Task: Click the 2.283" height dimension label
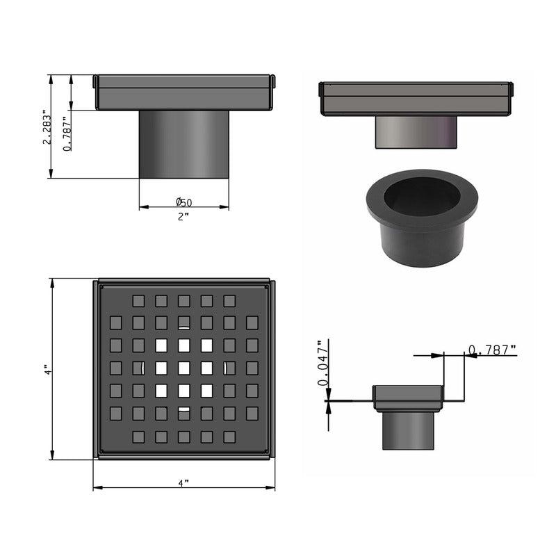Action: pyautogui.click(x=47, y=126)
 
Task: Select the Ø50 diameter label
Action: pyautogui.click(x=184, y=202)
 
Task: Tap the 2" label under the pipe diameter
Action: pyautogui.click(x=183, y=216)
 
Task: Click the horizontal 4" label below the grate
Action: pyautogui.click(x=183, y=481)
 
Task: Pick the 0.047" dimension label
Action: pyautogui.click(x=322, y=364)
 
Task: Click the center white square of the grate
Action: pyautogui.click(x=184, y=368)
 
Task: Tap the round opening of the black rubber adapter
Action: pyautogui.click(x=422, y=196)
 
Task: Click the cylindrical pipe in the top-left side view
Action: pyautogui.click(x=184, y=144)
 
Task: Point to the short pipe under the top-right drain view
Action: pyautogui.click(x=416, y=132)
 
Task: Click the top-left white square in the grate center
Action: pyautogui.click(x=161, y=345)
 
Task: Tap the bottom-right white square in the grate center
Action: pyautogui.click(x=206, y=391)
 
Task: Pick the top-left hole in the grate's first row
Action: pyautogui.click(x=138, y=300)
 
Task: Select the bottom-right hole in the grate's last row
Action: pyautogui.click(x=229, y=436)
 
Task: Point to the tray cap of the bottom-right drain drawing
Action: pyautogui.click(x=408, y=397)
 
